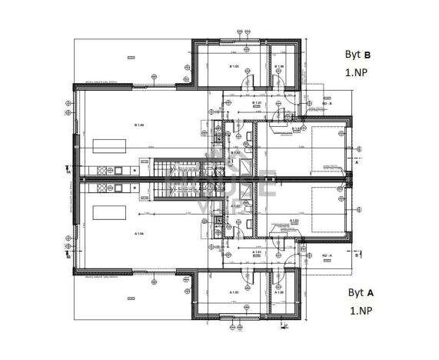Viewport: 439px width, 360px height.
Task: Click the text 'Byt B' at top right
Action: [x=358, y=55]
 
